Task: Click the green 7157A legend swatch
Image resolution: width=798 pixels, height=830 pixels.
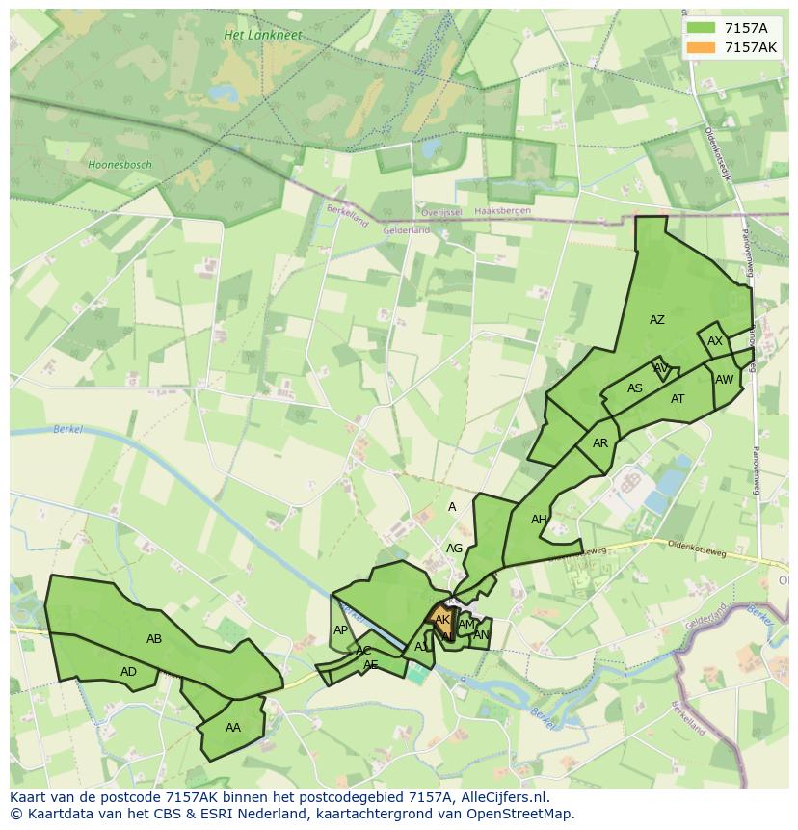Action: [701, 28]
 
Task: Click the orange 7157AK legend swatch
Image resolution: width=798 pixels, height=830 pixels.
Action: [701, 47]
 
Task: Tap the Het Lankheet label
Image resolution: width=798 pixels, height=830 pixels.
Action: [262, 35]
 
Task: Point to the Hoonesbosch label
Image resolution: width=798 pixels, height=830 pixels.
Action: [120, 165]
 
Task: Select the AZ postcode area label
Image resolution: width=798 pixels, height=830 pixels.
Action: [656, 320]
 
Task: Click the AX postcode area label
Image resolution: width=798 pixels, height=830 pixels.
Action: [715, 341]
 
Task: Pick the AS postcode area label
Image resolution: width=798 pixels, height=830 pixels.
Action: [635, 388]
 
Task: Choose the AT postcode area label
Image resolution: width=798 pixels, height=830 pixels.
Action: [678, 399]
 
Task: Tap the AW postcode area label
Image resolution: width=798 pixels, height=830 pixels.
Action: [724, 380]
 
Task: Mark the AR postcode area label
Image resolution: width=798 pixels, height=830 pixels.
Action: [600, 443]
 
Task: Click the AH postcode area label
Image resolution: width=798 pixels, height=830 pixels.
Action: [539, 520]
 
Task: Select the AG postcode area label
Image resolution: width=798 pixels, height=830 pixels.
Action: [454, 549]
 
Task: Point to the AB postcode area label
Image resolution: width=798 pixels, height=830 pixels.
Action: [154, 639]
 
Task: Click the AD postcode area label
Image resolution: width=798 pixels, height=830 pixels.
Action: [128, 672]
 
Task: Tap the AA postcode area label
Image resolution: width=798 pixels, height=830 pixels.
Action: [232, 728]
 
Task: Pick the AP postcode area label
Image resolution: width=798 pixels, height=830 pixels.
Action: [340, 630]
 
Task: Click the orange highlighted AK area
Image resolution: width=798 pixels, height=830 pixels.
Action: [441, 620]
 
